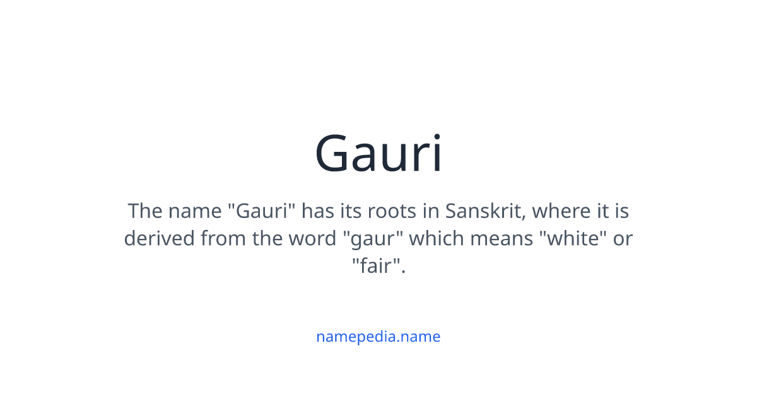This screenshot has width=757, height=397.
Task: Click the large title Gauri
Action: click(378, 154)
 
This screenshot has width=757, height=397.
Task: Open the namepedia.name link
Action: click(378, 337)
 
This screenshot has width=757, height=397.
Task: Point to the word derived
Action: click(159, 239)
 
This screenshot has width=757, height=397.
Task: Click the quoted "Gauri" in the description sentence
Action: click(262, 210)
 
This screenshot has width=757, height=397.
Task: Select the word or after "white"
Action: click(622, 239)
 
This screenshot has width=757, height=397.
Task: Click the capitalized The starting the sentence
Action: click(144, 210)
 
